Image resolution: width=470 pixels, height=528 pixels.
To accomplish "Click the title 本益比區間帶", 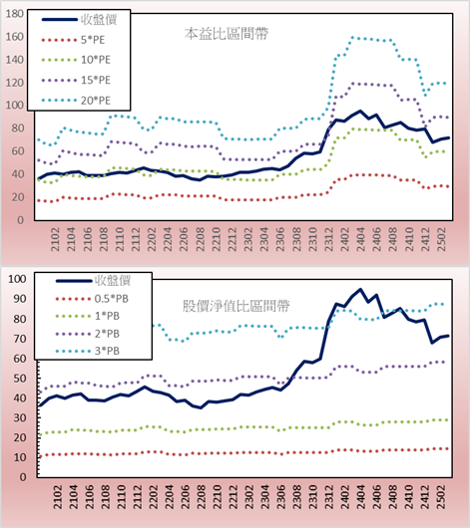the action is tap(227, 34).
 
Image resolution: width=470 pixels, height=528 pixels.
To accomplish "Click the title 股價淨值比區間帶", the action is tap(235, 306).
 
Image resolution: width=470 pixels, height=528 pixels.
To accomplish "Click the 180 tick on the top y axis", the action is tap(14, 14).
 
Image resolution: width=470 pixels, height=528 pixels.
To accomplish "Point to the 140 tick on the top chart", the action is tap(14, 60).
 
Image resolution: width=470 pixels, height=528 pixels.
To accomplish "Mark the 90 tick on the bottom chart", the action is tap(20, 299).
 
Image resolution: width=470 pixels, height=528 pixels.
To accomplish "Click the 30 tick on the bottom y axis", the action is tap(20, 417).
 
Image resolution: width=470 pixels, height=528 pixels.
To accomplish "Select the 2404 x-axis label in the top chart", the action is tap(361, 239).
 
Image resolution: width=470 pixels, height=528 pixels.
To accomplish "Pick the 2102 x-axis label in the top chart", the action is tap(55, 239).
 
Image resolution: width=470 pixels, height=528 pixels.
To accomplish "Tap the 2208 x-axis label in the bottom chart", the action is tap(202, 497).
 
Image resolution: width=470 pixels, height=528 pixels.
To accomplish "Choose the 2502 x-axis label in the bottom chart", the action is tap(442, 497).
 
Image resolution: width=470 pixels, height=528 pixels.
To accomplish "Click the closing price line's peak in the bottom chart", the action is tap(360, 289).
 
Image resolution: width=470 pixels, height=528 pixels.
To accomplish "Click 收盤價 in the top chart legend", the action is tap(99, 20).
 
